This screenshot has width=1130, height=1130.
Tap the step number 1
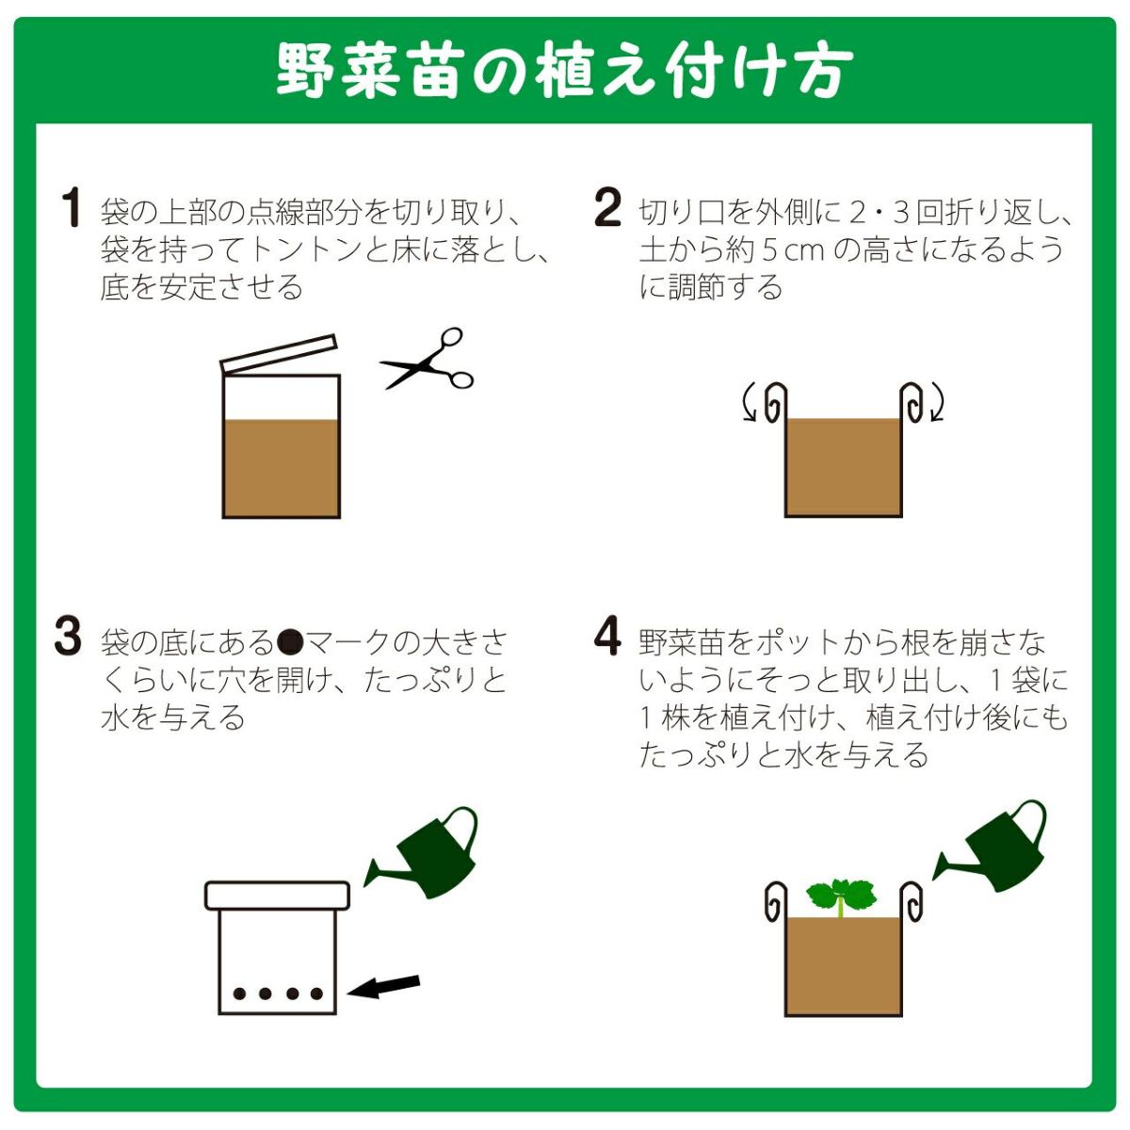[72, 207]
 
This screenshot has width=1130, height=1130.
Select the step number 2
[607, 207]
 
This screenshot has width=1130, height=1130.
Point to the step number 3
[68, 637]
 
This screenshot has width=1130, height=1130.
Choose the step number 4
[607, 637]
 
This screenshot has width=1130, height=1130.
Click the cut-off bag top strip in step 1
[279, 353]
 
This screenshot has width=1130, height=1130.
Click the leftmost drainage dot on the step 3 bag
[239, 993]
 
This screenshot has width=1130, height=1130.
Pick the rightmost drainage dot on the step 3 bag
[316, 993]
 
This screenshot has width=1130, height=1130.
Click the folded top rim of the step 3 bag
[278, 896]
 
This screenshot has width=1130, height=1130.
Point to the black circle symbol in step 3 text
[290, 643]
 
